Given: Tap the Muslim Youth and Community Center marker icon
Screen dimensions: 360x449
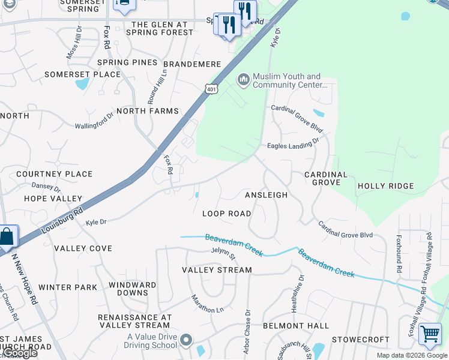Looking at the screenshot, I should (243, 80).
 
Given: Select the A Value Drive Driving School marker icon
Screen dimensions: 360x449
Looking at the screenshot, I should (186, 341).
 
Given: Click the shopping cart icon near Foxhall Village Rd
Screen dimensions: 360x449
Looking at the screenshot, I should (430, 334).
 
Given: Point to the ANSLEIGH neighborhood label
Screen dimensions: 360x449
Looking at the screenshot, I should (266, 195).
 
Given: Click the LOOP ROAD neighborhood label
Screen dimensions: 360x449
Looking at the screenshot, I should (226, 214).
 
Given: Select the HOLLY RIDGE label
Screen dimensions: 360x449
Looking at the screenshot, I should (385, 186).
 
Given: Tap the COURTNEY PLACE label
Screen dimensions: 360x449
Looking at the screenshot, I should (54, 174).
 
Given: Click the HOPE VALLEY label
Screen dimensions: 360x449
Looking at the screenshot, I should (53, 199).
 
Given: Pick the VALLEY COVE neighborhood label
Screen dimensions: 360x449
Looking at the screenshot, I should (83, 248).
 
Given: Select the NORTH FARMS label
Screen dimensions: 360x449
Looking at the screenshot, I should (148, 111).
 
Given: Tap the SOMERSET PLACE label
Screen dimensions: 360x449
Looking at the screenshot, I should (82, 74).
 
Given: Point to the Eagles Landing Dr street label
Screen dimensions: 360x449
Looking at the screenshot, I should (293, 145).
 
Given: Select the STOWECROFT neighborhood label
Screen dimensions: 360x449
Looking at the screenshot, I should (361, 340).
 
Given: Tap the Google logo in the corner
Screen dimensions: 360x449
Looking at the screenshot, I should (20, 353).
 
